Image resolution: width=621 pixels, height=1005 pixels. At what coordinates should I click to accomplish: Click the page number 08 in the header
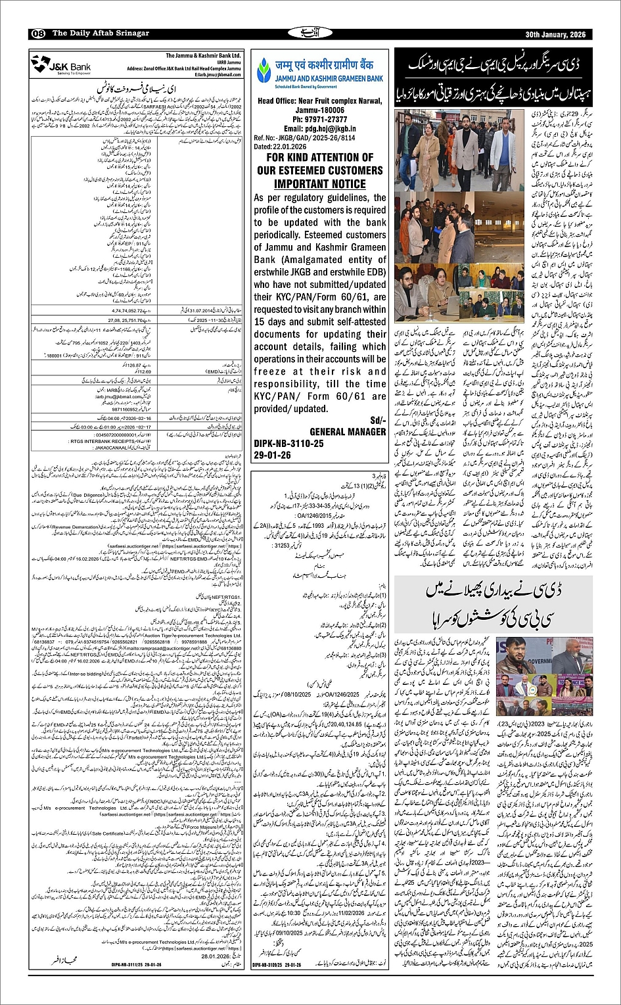37,34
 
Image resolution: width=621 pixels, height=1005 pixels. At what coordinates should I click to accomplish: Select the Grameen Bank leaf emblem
264,68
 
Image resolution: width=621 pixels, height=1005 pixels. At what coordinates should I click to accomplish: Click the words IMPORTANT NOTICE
319,184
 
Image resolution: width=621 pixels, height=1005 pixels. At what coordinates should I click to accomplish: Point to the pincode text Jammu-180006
320,110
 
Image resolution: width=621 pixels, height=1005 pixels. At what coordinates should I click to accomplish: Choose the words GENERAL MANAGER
348,432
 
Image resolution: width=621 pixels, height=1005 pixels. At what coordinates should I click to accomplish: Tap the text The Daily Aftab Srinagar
101,34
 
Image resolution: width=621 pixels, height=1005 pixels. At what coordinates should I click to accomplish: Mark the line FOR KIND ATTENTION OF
319,158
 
